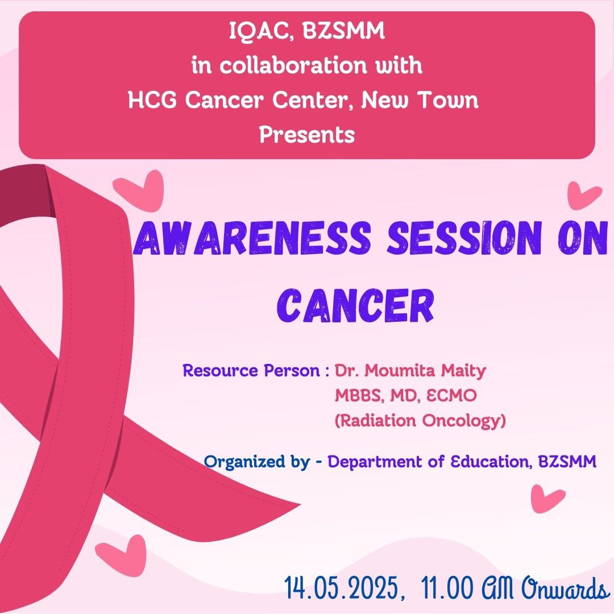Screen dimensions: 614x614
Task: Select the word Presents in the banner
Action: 307,134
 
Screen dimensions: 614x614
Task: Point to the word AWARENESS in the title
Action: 252,238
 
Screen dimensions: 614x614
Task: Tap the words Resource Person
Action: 251,371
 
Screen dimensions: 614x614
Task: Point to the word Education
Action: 491,462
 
